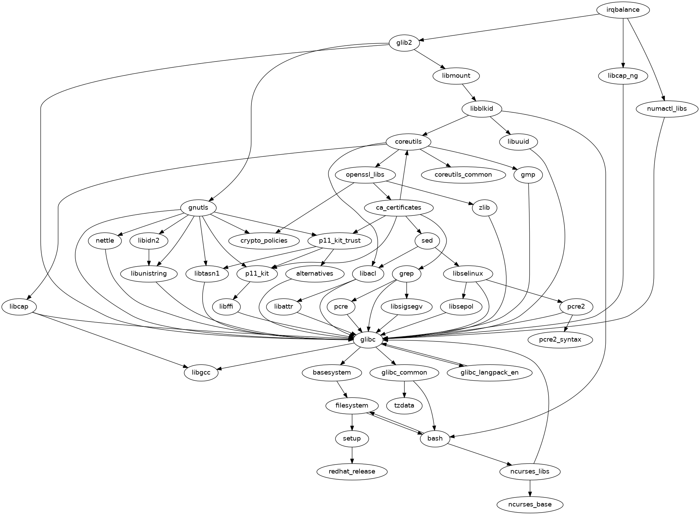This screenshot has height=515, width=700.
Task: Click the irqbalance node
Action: tap(623, 10)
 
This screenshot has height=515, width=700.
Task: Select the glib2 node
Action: tap(404, 43)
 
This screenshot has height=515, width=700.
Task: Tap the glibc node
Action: tap(368, 339)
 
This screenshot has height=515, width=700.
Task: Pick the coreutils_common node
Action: tap(463, 175)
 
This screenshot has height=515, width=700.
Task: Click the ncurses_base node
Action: tap(530, 504)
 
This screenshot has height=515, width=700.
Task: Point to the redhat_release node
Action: tap(352, 471)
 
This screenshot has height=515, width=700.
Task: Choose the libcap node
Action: tap(19, 306)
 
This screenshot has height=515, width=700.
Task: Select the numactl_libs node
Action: tap(667, 109)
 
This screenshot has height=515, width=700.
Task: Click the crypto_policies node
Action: tap(264, 240)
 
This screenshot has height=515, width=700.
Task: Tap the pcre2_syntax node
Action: tap(560, 339)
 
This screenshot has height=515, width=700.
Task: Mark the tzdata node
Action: tap(404, 405)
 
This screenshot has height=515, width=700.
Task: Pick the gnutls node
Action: tap(198, 208)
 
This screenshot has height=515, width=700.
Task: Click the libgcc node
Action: tap(201, 372)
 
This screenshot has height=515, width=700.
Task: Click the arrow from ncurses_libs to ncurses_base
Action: tap(530, 488)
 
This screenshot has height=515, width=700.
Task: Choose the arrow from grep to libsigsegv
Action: tap(407, 290)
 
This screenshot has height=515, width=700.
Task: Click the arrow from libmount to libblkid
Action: tap(469, 92)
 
